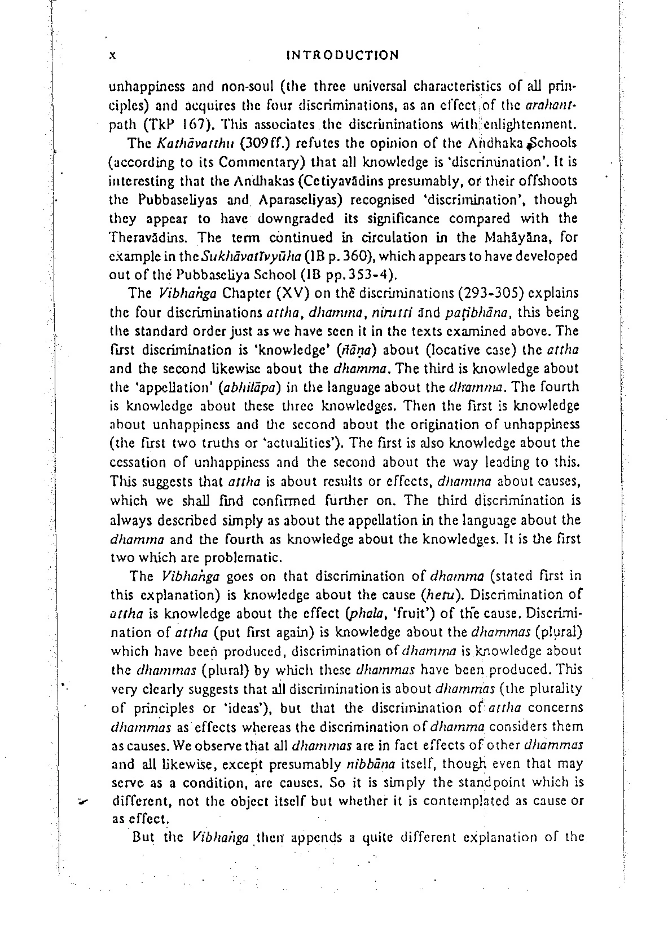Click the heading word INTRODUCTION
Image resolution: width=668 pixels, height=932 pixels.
pyautogui.click(x=342, y=55)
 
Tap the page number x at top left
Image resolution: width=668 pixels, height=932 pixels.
pyautogui.click(x=112, y=55)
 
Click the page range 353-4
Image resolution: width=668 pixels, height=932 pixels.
pyautogui.click(x=366, y=275)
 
